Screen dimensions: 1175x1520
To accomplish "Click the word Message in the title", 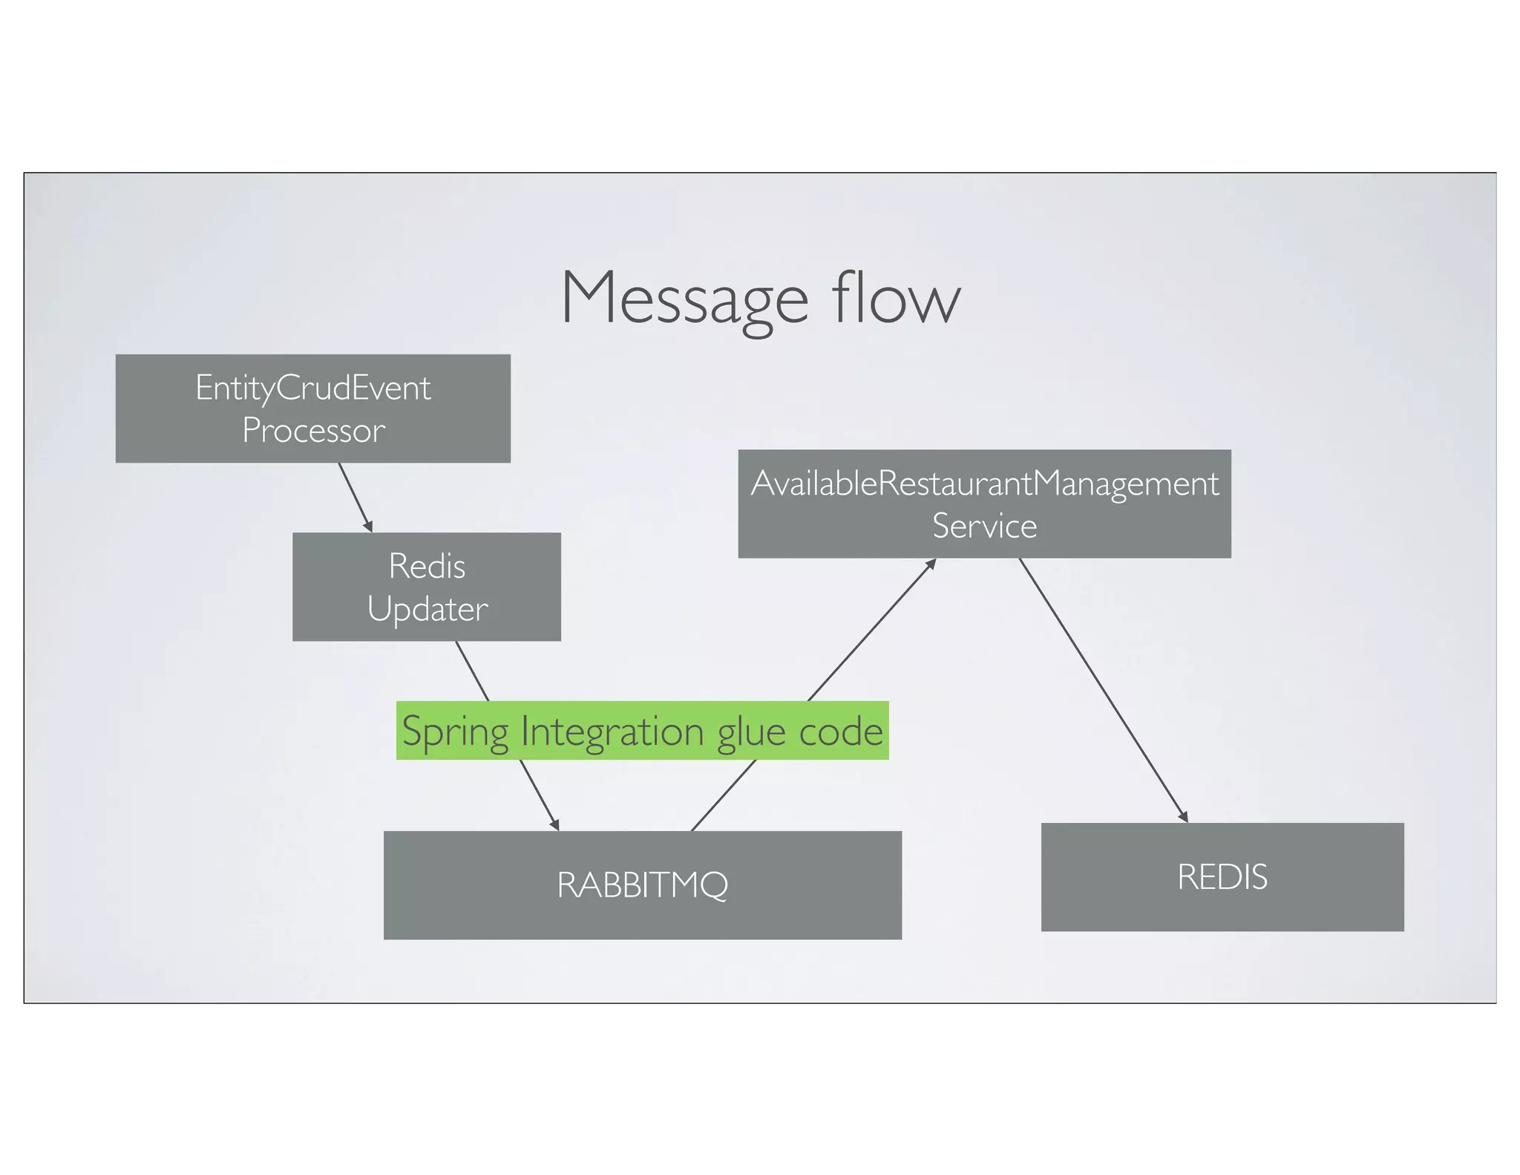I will click(x=684, y=299).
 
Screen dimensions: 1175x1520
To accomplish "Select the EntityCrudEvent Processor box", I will click(x=312, y=409).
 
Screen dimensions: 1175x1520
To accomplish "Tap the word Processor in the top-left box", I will click(x=313, y=431).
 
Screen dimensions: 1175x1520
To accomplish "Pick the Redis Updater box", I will click(x=426, y=587).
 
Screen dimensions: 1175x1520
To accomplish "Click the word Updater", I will click(x=427, y=609).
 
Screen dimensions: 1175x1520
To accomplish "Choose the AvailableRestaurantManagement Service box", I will click(x=984, y=504).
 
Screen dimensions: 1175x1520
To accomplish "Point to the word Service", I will click(x=984, y=526).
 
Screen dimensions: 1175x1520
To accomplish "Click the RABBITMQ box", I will click(x=642, y=885).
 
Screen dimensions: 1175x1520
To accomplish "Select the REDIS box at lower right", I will click(x=1222, y=876).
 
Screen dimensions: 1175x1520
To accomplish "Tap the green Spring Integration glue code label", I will click(x=642, y=730).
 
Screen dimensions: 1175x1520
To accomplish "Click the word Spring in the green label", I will click(x=455, y=732).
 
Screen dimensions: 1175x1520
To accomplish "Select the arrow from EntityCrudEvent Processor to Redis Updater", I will click(x=355, y=496).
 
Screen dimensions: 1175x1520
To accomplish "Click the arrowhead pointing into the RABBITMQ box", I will click(x=555, y=825).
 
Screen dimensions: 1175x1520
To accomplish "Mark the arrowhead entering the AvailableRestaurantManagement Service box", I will click(x=931, y=564).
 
